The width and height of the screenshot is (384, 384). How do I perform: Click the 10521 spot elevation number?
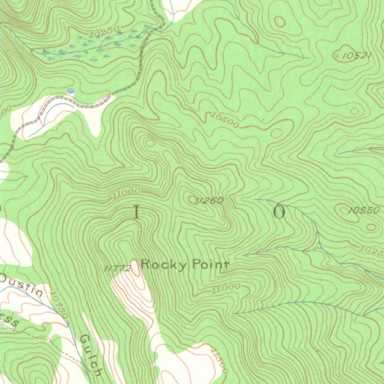pyautogui.click(x=357, y=56)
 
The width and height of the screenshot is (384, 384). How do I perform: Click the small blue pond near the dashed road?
pyautogui.click(x=70, y=91)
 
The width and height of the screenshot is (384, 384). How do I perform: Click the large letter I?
pyautogui.click(x=136, y=213)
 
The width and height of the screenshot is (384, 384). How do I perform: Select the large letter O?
pyautogui.click(x=279, y=212)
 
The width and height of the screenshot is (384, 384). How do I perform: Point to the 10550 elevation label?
pyautogui.click(x=364, y=210)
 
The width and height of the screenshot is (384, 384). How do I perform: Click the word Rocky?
pyautogui.click(x=163, y=265)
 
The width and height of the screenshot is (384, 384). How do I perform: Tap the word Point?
pyautogui.click(x=210, y=265)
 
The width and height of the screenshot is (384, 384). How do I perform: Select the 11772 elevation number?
pyautogui.click(x=117, y=268)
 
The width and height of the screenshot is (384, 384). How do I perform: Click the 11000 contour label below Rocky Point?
pyautogui.click(x=225, y=288)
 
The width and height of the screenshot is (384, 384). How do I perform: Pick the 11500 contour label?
pyautogui.click(x=219, y=361)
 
